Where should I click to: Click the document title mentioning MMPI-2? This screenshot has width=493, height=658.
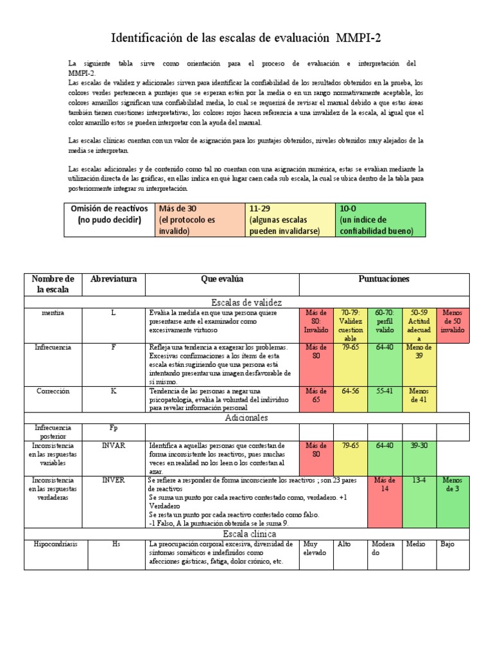coord(246,38)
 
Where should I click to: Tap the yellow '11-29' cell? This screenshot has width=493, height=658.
coord(290,220)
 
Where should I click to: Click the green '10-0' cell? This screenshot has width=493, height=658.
coord(379,220)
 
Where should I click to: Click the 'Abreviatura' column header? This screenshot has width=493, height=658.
coord(114,279)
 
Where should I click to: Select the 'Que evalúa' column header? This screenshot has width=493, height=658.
coord(222,279)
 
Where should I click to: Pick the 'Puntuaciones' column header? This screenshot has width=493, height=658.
coord(384,279)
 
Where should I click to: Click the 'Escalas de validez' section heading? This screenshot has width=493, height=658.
coord(247,301)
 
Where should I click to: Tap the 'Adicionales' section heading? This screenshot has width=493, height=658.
coord(247,417)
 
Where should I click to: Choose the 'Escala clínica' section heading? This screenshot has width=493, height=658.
coord(247,533)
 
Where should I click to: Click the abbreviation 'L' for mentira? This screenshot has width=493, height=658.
coord(114,312)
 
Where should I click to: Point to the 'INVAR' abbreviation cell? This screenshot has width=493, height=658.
coord(114,445)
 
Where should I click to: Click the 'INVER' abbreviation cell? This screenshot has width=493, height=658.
coord(114,480)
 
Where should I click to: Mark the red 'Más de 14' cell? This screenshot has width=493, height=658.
coord(385,485)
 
